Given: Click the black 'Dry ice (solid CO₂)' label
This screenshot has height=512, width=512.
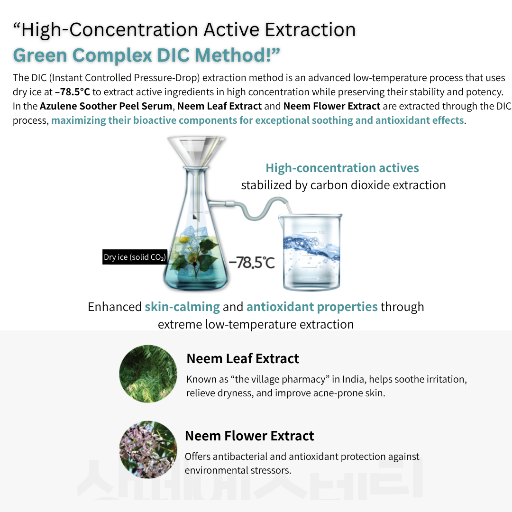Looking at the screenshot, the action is click(135, 257).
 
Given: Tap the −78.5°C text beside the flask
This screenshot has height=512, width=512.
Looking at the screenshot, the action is click(252, 263).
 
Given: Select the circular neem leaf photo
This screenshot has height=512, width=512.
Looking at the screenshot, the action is click(148, 374).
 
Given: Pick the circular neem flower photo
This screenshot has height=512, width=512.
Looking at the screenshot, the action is click(148, 449).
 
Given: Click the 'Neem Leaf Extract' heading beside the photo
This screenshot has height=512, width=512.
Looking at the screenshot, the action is click(243, 358).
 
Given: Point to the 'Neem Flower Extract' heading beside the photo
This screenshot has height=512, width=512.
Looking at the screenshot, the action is click(249, 436).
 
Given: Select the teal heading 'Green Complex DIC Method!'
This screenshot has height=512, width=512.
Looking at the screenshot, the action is click(146, 55).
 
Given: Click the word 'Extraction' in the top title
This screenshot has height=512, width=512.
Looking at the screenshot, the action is click(310, 30).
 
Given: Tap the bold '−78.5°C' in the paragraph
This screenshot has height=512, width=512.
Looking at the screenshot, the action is click(72, 92).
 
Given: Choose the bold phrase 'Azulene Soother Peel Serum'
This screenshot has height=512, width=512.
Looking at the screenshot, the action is click(106, 106).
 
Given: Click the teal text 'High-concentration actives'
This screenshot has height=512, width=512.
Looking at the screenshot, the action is click(342, 168).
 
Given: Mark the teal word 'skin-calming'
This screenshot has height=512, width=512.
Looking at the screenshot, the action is click(182, 307).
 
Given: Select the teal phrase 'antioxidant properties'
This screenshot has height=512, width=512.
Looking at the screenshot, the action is click(312, 307).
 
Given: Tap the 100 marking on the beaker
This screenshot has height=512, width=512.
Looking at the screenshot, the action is click(322, 232).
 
